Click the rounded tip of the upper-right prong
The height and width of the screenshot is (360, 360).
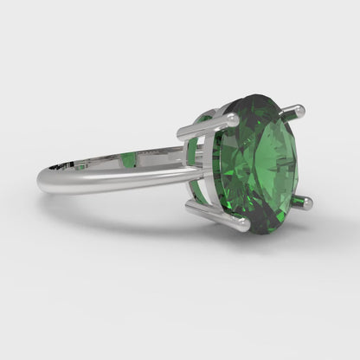click(x=300, y=110)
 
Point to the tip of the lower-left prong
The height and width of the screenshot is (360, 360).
click(x=245, y=225)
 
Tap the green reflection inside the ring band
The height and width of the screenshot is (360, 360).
click(x=127, y=159)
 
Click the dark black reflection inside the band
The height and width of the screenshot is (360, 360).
click(x=59, y=162)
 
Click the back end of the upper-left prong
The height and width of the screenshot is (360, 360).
click(x=182, y=132)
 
